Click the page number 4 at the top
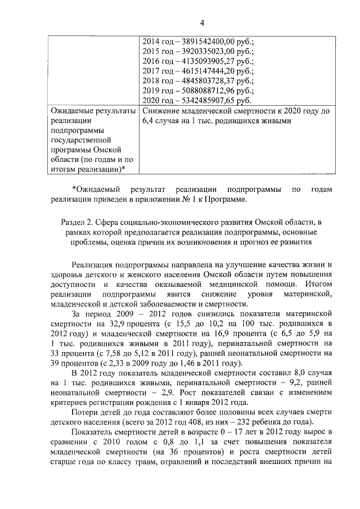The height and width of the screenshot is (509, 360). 202,22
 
